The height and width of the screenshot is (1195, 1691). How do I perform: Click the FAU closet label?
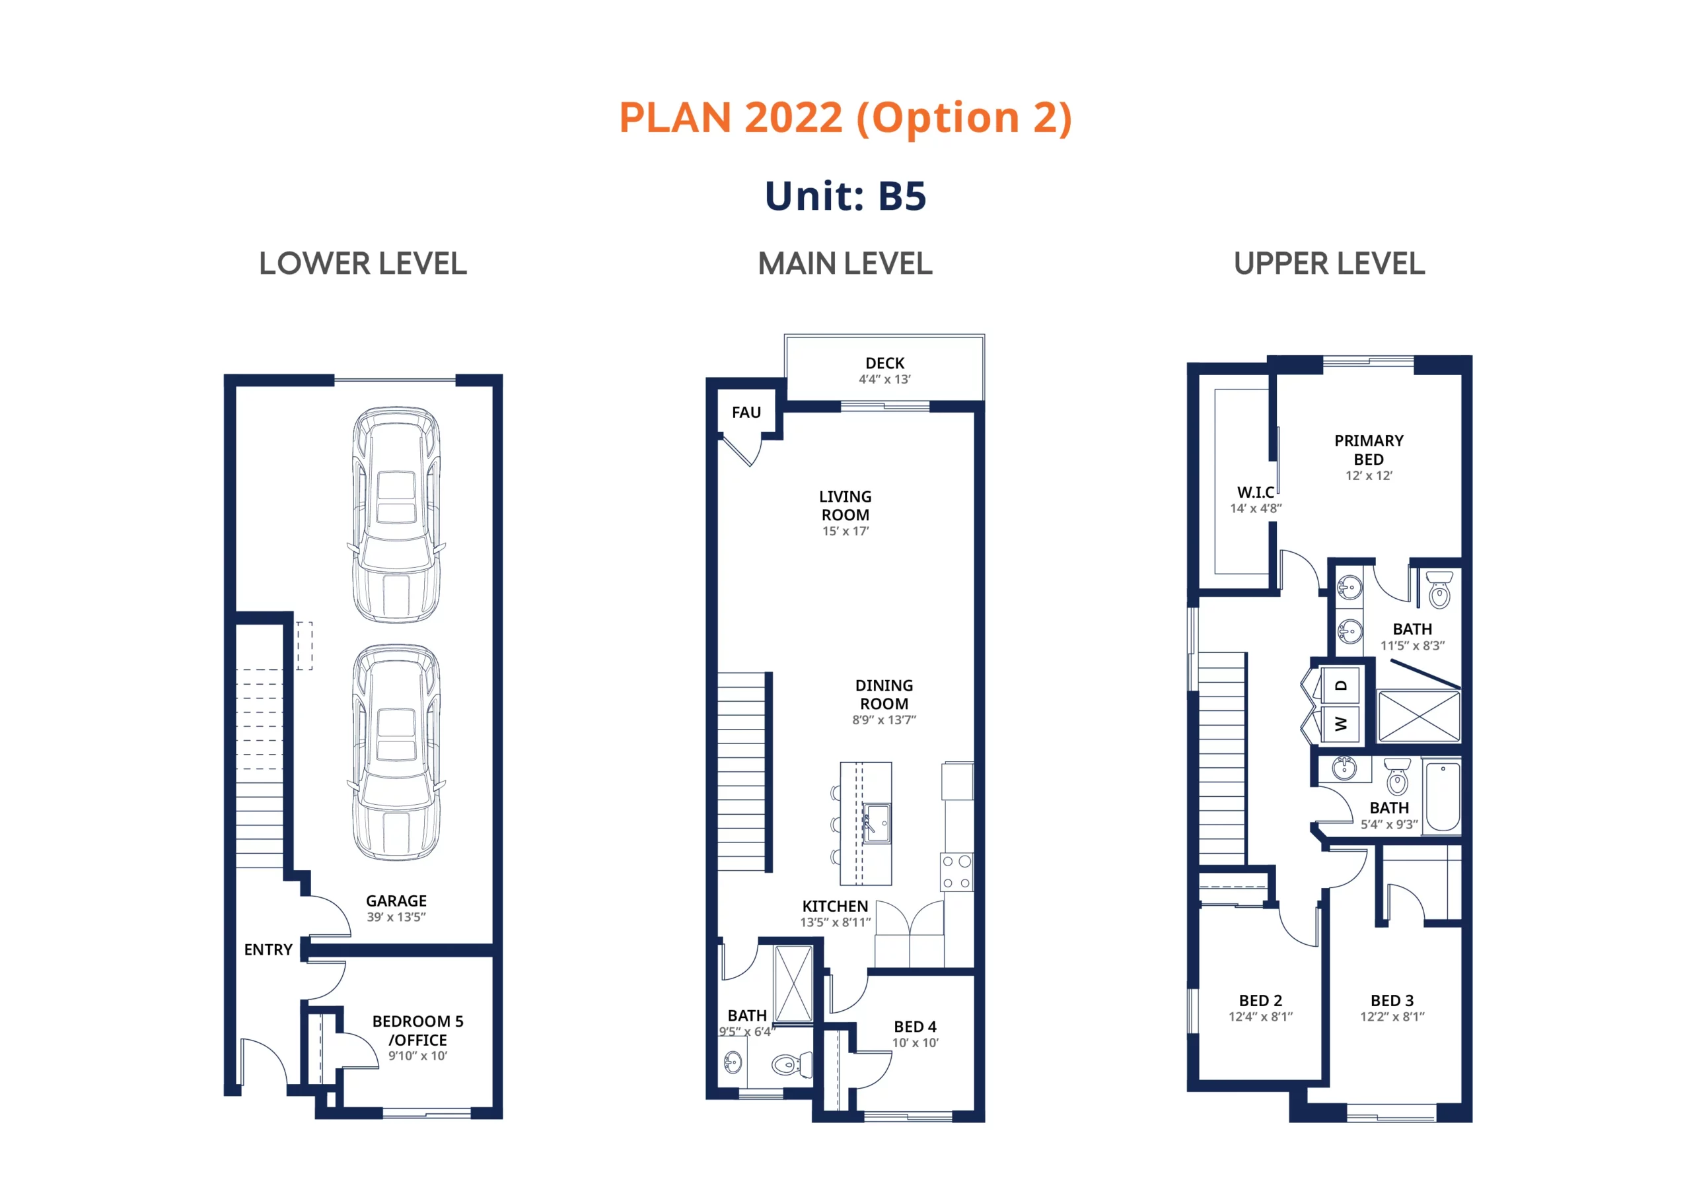(x=746, y=413)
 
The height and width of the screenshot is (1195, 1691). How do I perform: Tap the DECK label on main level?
(x=884, y=363)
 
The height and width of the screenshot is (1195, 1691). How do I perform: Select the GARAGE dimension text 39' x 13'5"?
(x=396, y=916)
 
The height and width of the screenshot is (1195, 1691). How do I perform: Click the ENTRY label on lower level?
(x=268, y=950)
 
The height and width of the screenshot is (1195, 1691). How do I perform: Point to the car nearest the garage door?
(x=397, y=515)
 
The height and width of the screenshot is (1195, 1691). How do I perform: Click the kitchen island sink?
(x=877, y=823)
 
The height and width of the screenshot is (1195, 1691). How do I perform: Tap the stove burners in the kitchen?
(x=956, y=871)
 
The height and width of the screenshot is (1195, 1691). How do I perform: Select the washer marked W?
(x=1340, y=724)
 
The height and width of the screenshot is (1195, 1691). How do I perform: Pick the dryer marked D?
(x=1340, y=685)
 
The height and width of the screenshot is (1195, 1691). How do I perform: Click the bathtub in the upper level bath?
(x=1443, y=798)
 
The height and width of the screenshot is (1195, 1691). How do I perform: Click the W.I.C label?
(x=1255, y=492)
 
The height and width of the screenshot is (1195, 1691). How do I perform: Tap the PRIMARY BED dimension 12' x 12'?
(x=1369, y=475)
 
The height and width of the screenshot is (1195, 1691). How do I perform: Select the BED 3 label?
(x=1392, y=1001)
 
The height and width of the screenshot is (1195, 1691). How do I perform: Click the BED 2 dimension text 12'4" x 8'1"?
(x=1260, y=1017)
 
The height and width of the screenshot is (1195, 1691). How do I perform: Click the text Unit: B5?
(x=845, y=196)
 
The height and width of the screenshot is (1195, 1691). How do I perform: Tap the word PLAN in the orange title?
(x=674, y=118)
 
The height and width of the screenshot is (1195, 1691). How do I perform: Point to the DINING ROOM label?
(x=884, y=695)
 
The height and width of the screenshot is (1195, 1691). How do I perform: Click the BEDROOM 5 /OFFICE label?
(x=417, y=1031)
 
